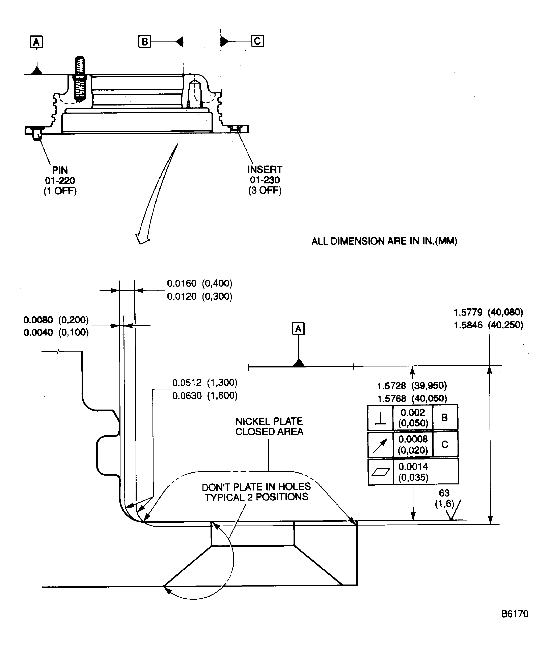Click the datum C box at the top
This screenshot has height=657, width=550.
point(257,41)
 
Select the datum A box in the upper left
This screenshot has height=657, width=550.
point(36,42)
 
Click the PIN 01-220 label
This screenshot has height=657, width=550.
point(60,181)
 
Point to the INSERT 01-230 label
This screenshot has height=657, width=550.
point(265,180)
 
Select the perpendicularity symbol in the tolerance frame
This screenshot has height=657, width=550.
point(380,418)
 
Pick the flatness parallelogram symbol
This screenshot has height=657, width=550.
point(380,472)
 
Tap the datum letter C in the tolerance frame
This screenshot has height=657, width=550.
point(445,445)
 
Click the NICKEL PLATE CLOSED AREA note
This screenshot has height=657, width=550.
point(269,426)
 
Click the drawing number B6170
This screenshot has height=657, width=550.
point(514,614)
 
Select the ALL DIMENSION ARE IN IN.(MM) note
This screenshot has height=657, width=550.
point(384,241)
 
